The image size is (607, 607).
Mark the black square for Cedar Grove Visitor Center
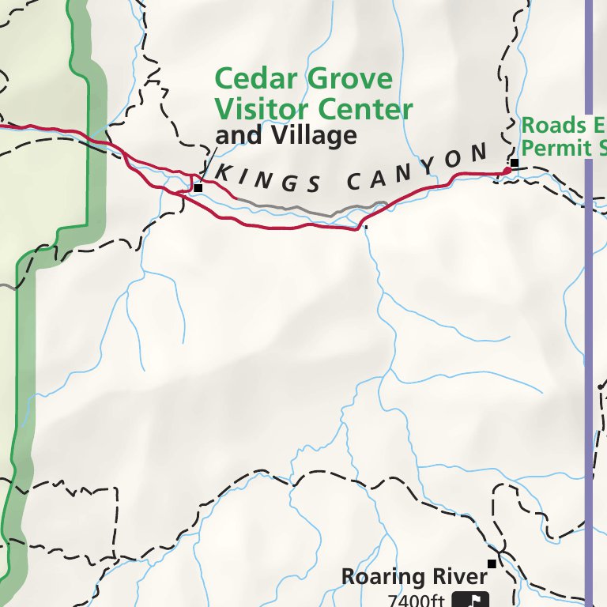(x=198, y=188)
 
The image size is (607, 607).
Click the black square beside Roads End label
(x=514, y=164)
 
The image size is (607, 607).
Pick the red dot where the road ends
(x=507, y=172)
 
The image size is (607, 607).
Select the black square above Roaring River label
(x=492, y=564)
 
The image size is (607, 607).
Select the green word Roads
(x=553, y=126)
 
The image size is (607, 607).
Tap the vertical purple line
(x=587, y=316)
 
